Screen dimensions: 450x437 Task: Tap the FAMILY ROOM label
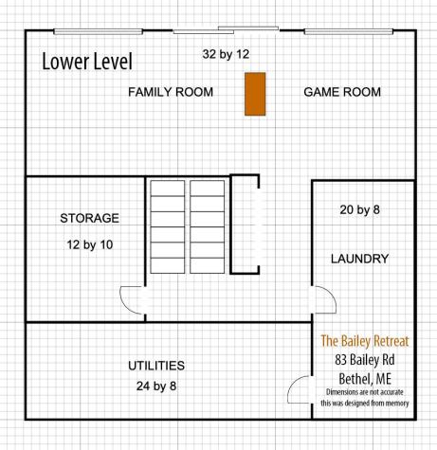(x=171, y=92)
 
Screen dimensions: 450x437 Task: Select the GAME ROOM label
(x=342, y=92)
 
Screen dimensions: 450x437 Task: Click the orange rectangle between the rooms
(x=254, y=94)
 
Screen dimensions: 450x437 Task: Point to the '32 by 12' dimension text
(x=226, y=54)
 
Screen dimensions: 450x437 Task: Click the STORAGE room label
(x=89, y=218)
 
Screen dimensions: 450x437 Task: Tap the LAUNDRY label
(x=359, y=258)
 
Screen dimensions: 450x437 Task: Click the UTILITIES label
(x=156, y=365)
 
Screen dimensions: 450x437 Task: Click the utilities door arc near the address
(x=301, y=389)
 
